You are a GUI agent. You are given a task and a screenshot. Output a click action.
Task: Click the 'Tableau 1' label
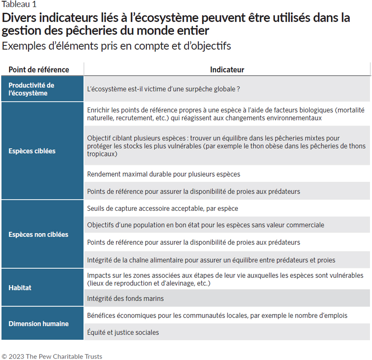pyautogui.click(x=19, y=5)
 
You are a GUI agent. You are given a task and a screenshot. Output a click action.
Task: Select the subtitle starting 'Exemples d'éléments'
pyautogui.click(x=116, y=46)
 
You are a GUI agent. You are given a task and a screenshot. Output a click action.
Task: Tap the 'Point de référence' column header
pyautogui.click(x=39, y=70)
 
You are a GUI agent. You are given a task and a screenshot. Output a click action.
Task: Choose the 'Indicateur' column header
pyautogui.click(x=227, y=70)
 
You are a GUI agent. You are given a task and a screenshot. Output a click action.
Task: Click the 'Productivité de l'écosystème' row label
pyautogui.click(x=31, y=89)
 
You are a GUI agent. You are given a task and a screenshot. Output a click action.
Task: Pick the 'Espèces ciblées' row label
pyautogui.click(x=32, y=151)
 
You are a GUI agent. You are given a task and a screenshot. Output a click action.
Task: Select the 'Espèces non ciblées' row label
pyautogui.click(x=38, y=234)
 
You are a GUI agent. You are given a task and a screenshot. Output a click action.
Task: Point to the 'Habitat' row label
pyautogui.click(x=20, y=288)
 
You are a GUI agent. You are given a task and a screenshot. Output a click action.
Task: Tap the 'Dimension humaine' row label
pyautogui.click(x=38, y=324)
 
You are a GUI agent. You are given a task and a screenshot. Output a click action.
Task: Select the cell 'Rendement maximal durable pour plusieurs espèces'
pyautogui.click(x=163, y=174)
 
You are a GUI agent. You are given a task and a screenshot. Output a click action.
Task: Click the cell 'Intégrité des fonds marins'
pyautogui.click(x=125, y=299)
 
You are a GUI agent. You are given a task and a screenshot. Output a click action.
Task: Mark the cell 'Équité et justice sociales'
pyautogui.click(x=123, y=332)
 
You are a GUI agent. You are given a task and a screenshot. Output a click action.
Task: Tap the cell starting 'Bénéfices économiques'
pyautogui.click(x=217, y=315)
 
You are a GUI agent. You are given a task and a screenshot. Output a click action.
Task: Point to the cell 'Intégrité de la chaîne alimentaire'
pyautogui.click(x=211, y=260)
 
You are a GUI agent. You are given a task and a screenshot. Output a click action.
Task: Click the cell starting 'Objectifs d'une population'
pyautogui.click(x=206, y=225)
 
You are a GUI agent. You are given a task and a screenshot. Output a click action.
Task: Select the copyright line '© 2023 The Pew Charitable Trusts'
pyautogui.click(x=52, y=356)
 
